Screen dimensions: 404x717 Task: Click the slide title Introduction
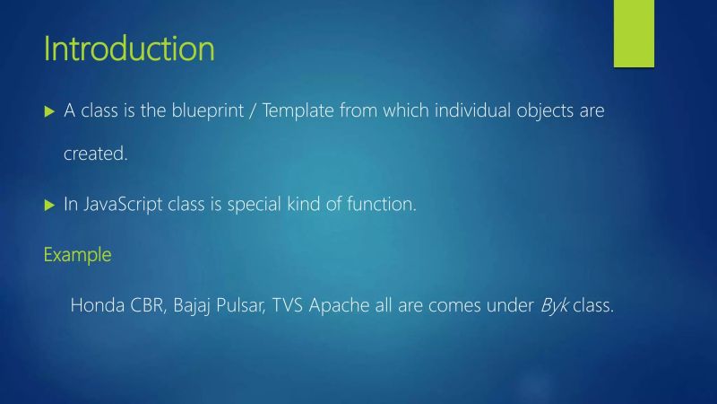click(129, 48)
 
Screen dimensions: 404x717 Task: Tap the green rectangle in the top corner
click(635, 33)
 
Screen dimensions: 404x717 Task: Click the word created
click(96, 154)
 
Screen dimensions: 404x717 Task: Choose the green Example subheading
click(78, 255)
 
